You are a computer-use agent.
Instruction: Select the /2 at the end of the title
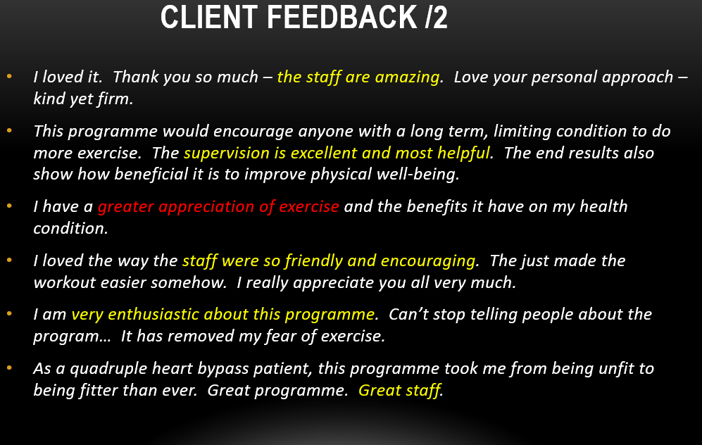pyautogui.click(x=435, y=18)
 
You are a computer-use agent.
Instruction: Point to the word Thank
pyautogui.click(x=136, y=77)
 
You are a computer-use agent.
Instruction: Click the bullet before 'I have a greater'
pyautogui.click(x=9, y=207)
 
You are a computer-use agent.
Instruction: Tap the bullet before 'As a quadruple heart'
pyautogui.click(x=9, y=368)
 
